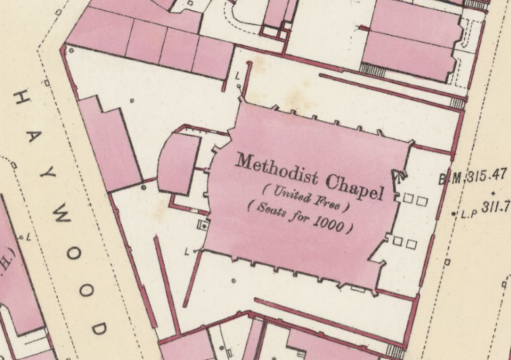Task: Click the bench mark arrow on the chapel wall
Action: click(x=398, y=175)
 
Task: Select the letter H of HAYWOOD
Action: click(x=22, y=98)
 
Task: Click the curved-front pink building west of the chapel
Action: click(x=177, y=164)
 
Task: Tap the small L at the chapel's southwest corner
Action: click(x=189, y=251)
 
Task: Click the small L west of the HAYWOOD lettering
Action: click(x=29, y=234)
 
